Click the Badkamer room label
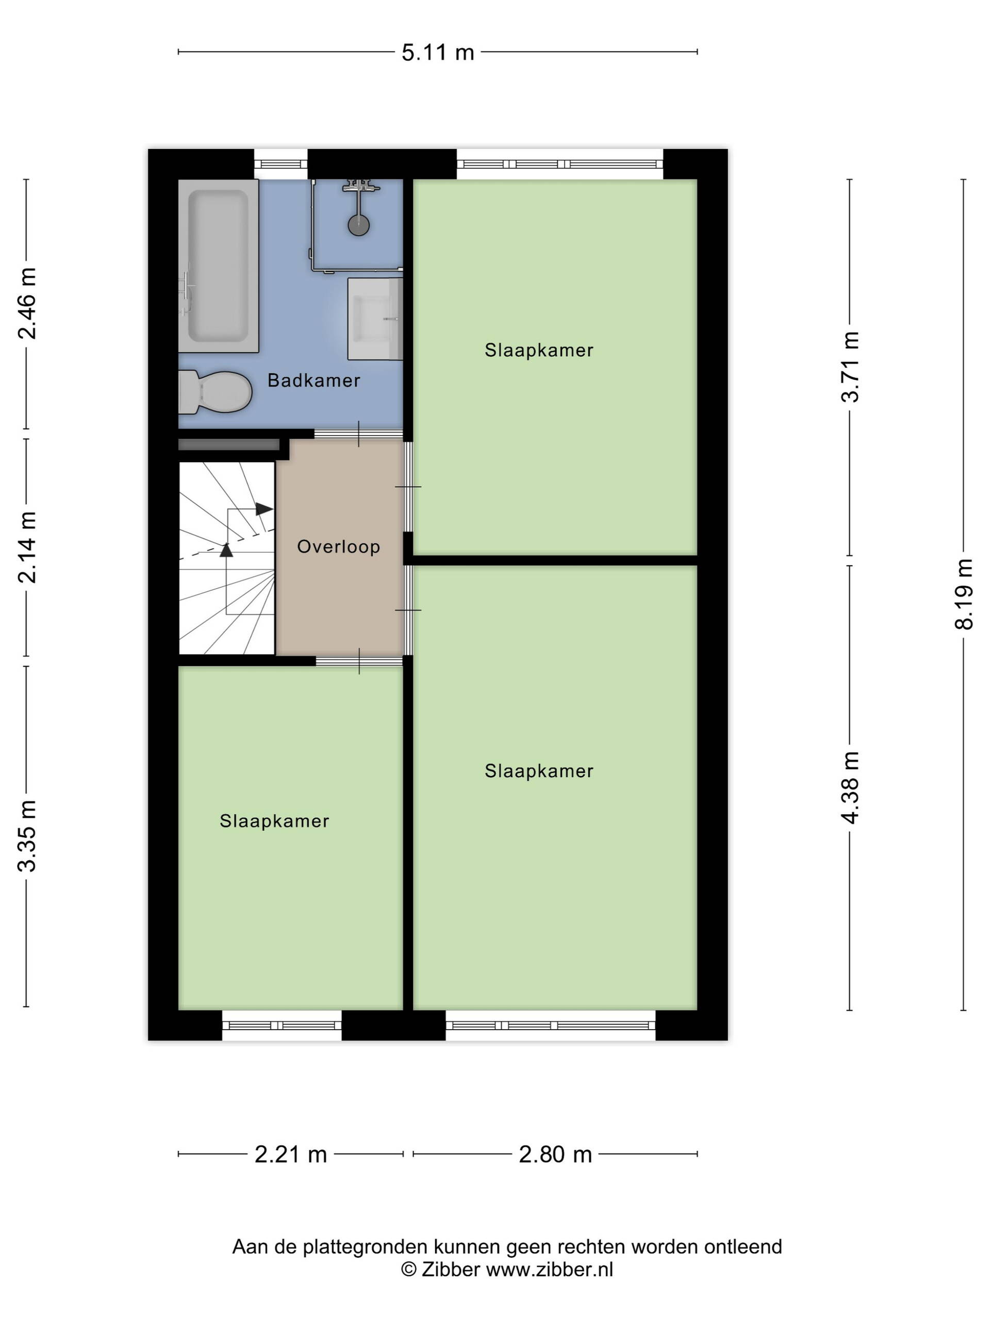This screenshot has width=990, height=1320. (x=313, y=380)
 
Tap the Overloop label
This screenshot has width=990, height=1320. (x=338, y=547)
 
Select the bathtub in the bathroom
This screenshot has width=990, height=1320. (x=219, y=266)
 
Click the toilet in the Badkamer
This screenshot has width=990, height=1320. (x=215, y=392)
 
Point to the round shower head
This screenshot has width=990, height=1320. (x=359, y=225)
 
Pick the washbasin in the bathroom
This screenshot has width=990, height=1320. (x=375, y=319)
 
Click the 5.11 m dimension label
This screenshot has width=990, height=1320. (x=437, y=53)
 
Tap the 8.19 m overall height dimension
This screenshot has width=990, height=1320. (x=963, y=595)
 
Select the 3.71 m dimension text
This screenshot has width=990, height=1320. (x=850, y=367)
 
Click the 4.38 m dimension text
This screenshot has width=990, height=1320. (x=850, y=788)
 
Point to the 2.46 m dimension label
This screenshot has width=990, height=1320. (x=27, y=304)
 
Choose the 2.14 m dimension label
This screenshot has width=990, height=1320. (x=27, y=547)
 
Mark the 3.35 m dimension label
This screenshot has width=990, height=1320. (x=27, y=836)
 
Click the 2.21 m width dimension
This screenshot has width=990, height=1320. (x=291, y=1154)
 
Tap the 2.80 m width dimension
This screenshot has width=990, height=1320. (x=555, y=1154)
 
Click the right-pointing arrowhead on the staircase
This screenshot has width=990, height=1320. (x=265, y=509)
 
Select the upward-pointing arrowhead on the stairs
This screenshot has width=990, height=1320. (x=226, y=550)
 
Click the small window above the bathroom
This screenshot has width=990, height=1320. (x=281, y=164)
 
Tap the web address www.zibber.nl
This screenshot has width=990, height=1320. (x=550, y=1269)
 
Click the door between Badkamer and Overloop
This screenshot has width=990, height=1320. (x=359, y=434)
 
